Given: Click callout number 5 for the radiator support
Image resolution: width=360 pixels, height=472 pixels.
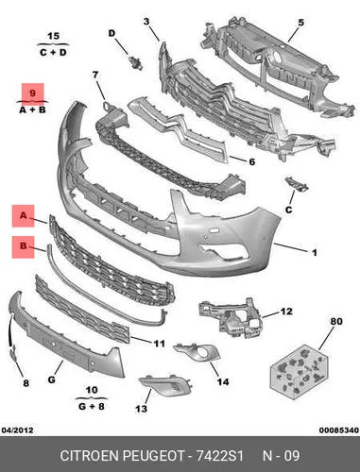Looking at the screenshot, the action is point(300,23).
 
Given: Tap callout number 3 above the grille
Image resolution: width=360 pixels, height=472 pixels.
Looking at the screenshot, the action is point(146,22).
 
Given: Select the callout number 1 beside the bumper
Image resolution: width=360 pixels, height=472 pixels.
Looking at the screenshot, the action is point(314,252).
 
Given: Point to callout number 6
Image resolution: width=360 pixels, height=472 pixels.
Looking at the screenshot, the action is point(252,161).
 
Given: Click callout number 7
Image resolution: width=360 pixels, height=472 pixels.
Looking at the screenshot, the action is point(95,76).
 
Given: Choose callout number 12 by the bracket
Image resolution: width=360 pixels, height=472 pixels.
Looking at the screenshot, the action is point(286,312).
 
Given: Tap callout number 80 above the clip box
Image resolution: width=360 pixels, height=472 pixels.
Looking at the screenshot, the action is point(336,321).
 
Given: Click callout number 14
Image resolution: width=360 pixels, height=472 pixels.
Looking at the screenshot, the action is point(223,381).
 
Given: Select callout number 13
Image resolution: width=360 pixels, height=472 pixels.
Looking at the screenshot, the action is point(141,409).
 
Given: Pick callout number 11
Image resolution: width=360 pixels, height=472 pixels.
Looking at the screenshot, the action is point(160,344).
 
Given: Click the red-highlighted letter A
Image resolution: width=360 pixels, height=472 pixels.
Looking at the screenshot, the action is point(24,216).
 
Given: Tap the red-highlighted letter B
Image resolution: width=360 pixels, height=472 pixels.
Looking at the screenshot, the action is point(24,245).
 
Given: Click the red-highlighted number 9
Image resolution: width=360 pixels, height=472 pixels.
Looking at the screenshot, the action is point(32,93).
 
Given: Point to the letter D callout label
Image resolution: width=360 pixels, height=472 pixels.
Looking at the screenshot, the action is point(111,33).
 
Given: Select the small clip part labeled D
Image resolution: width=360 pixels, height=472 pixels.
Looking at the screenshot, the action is point(136,62).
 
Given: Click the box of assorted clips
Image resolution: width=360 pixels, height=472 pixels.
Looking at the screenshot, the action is point(300,372).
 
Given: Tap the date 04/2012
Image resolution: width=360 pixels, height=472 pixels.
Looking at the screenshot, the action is point(17,430).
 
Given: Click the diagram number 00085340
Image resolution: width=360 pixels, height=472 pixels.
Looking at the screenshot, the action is point(339,430).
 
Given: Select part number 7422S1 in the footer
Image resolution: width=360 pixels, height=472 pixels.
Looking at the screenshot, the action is point(220,456).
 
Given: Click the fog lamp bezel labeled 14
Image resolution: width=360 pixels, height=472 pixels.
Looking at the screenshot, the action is point(197,353).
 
